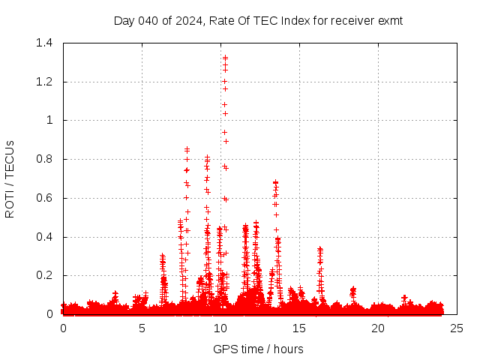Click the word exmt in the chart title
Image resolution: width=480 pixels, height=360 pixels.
tap(389, 21)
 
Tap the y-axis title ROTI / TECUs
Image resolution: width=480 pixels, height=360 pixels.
tap(10, 178)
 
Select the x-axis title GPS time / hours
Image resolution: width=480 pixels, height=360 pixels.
tap(258, 349)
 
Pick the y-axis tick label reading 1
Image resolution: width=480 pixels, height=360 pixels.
tap(49, 120)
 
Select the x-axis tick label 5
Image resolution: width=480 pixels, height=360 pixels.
tap(142, 328)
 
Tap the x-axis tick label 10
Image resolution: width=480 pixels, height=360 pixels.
tap(220, 328)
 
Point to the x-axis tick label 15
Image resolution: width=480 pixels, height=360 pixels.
tap(299, 328)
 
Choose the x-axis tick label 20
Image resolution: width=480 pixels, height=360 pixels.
tap(378, 328)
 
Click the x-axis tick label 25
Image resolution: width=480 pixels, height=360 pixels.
tap(457, 328)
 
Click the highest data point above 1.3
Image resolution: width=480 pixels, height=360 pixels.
tap(225, 57)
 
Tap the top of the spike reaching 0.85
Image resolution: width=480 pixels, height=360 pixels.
tap(187, 148)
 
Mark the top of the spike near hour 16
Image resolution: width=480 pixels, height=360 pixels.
tap(320, 248)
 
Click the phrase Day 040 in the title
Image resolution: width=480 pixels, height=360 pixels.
tap(133, 21)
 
